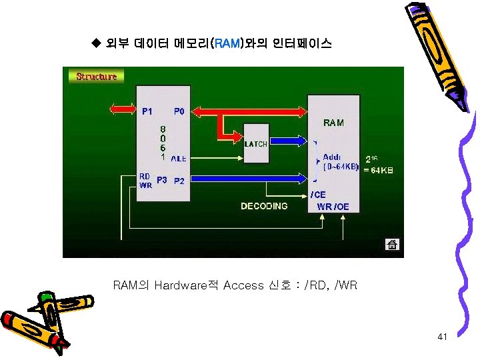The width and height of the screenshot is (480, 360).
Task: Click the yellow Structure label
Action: (x=97, y=76)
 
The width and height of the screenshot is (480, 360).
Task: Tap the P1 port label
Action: (x=147, y=111)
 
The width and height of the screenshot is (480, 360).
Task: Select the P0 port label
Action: (x=180, y=111)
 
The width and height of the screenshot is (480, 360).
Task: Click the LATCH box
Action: (x=256, y=143)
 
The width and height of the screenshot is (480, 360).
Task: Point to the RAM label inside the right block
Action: (x=333, y=123)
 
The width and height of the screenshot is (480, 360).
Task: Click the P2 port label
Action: (x=179, y=181)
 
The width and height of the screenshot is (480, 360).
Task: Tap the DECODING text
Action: (x=264, y=206)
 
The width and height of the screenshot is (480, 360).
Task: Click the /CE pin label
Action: (x=319, y=195)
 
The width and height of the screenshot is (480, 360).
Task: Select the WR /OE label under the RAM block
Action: (x=333, y=207)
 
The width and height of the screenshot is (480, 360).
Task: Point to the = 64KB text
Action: (x=378, y=171)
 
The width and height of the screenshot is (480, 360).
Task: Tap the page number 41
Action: (x=442, y=337)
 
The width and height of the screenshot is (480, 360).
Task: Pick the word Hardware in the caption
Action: (x=178, y=285)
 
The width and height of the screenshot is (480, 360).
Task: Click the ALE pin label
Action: (x=179, y=159)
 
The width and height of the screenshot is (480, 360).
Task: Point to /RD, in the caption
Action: (x=315, y=285)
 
